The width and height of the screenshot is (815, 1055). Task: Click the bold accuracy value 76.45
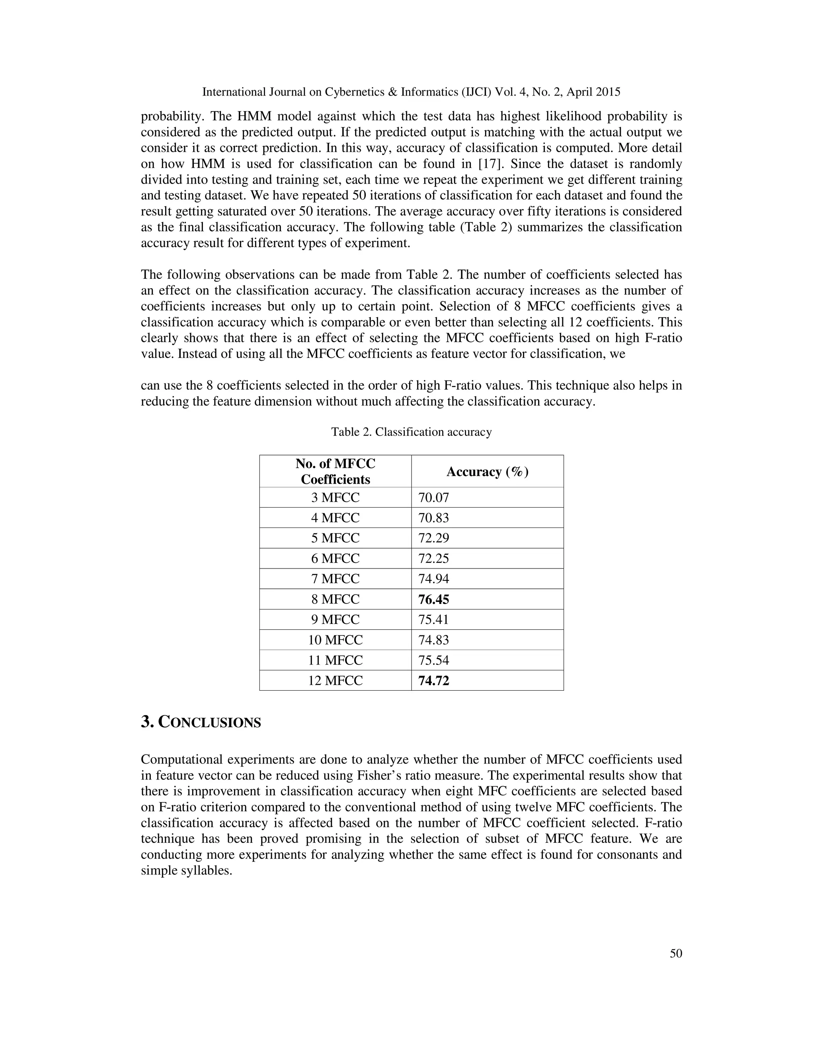pyautogui.click(x=433, y=600)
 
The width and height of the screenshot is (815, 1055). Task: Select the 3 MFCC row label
pyautogui.click(x=335, y=498)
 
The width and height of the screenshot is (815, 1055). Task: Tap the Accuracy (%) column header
pyautogui.click(x=487, y=471)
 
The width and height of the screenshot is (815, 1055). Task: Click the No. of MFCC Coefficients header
pyautogui.click(x=335, y=471)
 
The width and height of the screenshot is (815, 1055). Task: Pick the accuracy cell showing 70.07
pyautogui.click(x=433, y=498)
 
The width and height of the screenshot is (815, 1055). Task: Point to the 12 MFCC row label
pyautogui.click(x=335, y=681)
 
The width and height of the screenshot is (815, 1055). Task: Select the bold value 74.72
pyautogui.click(x=433, y=681)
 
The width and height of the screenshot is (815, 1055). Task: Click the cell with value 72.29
pyautogui.click(x=433, y=538)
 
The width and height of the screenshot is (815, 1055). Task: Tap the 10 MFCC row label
pyautogui.click(x=335, y=640)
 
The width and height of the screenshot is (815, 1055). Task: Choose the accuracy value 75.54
pyautogui.click(x=433, y=660)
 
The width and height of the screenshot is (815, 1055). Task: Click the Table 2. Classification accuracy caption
pyautogui.click(x=411, y=432)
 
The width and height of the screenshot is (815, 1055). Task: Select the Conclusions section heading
pyautogui.click(x=201, y=723)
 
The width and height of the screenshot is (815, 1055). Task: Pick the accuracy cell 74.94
pyautogui.click(x=433, y=579)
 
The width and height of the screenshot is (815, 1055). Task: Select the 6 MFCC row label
pyautogui.click(x=335, y=559)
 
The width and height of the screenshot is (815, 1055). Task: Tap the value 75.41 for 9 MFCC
pyautogui.click(x=433, y=620)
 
